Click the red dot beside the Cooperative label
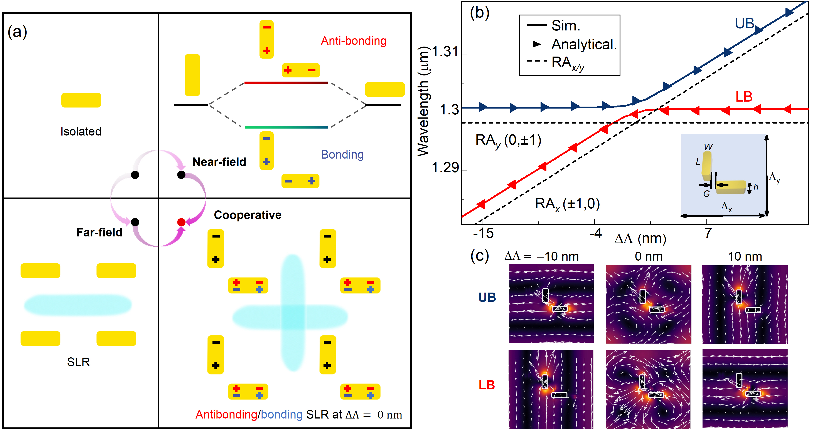[x=181, y=222]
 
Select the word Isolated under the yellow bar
[x=81, y=131]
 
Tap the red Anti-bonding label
[x=354, y=41]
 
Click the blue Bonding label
[x=342, y=155]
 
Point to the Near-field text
[x=219, y=162]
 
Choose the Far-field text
[x=99, y=232]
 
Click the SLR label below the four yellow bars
[x=78, y=362]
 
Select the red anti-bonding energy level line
[x=286, y=83]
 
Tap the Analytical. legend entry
[x=584, y=44]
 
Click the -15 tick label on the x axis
[x=483, y=233]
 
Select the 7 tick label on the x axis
[x=708, y=233]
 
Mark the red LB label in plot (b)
[x=744, y=97]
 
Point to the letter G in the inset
[x=706, y=194]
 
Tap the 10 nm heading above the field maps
[x=745, y=256]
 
